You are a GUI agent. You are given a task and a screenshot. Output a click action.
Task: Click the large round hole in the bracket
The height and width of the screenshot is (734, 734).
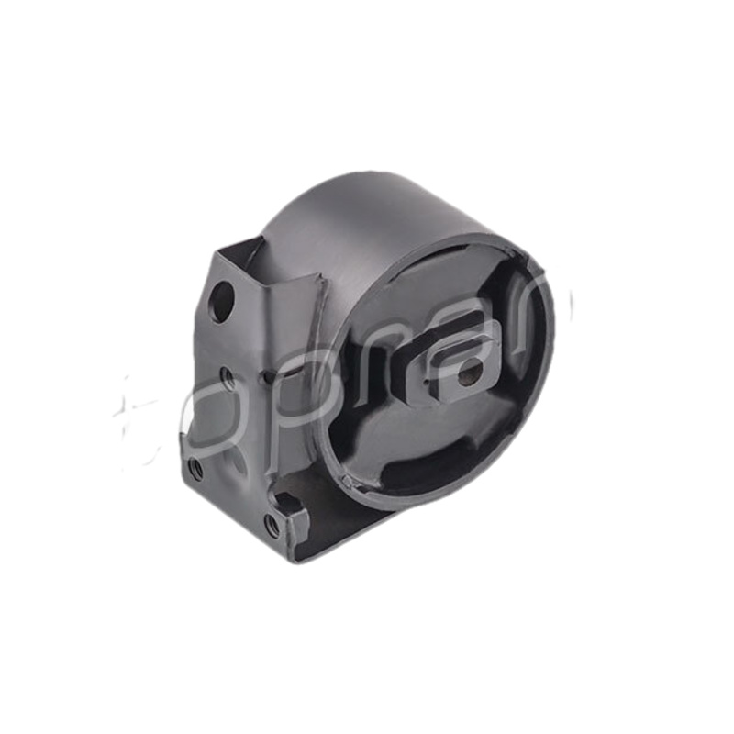click(220, 301)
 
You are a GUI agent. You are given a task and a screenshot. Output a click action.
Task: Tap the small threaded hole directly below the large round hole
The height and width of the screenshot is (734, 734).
click(227, 376)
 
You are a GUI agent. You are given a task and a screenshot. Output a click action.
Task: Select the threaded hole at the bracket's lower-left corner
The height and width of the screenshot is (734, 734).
click(195, 468)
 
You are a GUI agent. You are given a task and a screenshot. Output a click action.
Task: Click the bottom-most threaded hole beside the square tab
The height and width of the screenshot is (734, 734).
click(272, 526)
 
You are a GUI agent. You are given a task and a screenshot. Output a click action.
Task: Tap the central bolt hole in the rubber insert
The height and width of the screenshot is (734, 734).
click(469, 371)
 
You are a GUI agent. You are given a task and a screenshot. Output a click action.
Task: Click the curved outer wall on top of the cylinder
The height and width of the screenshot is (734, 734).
click(367, 220)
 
